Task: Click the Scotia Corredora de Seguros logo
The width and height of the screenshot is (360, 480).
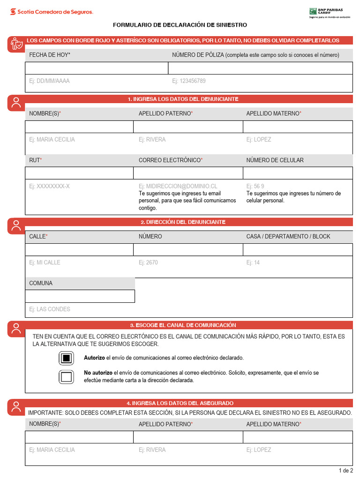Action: coord(52,12)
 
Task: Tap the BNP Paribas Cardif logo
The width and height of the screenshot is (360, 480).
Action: coord(330,13)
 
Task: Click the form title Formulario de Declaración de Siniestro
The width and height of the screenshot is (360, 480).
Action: coord(180,25)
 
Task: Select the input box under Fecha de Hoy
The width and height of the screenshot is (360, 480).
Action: coord(97,68)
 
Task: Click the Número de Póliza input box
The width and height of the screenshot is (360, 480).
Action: coord(260,68)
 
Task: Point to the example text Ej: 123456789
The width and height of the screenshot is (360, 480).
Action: coord(189,81)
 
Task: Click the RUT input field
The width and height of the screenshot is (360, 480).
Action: coord(79,173)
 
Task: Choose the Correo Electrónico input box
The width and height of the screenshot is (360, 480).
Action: coord(188,173)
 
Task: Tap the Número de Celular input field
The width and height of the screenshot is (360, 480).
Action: coord(298,173)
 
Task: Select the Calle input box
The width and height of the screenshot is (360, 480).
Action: coord(79,249)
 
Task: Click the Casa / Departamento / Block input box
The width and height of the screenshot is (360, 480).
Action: coord(298,249)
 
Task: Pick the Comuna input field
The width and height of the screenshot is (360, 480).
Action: coord(80,296)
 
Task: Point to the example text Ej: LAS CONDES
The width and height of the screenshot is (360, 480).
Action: coord(50,309)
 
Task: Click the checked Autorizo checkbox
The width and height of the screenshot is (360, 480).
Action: coord(67,358)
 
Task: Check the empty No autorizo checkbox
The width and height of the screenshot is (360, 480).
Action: coord(67,376)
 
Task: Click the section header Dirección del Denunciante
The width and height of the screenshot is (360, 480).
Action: coord(183,222)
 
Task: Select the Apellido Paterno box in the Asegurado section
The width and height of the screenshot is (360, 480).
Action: coord(188,437)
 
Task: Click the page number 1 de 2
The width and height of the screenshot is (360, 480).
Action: coord(345,471)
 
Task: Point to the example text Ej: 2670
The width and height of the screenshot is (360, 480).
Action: coord(148,263)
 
